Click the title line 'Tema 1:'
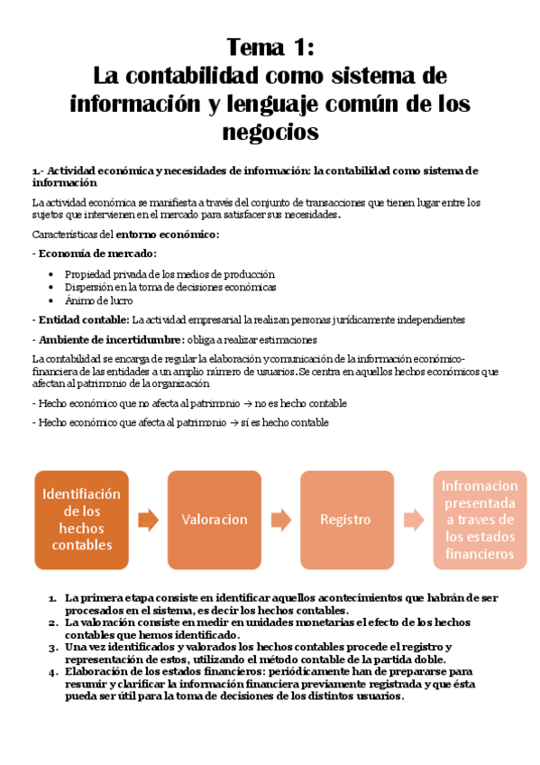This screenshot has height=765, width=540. click(270, 46)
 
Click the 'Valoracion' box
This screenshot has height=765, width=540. click(214, 520)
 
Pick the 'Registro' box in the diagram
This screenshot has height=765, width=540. click(345, 520)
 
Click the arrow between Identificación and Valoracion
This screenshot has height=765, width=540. click(148, 520)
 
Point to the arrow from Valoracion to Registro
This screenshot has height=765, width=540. click(280, 520)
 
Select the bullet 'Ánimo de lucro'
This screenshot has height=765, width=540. click(99, 300)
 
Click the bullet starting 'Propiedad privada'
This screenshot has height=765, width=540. click(169, 274)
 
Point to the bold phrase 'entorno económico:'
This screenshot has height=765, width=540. click(171, 235)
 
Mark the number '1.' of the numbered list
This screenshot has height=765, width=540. click(54, 597)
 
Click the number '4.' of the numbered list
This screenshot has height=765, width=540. click(54, 673)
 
